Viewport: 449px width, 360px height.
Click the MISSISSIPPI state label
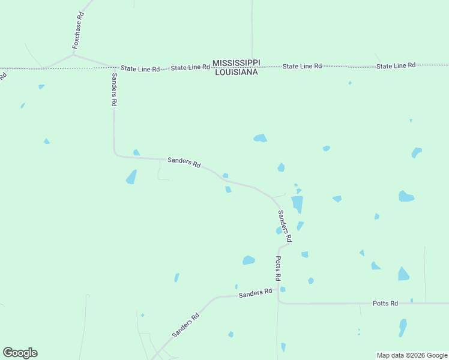coord(236,63)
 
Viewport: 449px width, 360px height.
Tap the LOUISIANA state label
coord(236,72)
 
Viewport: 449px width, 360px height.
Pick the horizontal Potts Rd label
coord(385,304)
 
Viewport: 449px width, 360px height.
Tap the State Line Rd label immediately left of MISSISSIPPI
coord(190,68)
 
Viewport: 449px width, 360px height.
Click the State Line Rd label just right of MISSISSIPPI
coord(302,66)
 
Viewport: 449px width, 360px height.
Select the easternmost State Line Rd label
coord(396,65)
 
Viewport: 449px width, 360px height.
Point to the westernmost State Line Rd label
coord(140,69)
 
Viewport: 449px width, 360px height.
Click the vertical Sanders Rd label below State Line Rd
coord(114,89)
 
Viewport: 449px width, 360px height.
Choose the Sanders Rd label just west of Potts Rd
coord(255,293)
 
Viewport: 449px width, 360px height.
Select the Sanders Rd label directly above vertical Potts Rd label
coord(285,226)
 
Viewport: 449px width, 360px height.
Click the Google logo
coord(20,353)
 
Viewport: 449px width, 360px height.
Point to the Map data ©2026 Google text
coord(412,355)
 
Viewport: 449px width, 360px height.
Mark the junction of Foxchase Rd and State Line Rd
coord(74,55)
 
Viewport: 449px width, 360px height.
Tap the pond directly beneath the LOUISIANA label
coord(260,138)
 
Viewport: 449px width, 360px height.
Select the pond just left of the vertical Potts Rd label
coord(249,260)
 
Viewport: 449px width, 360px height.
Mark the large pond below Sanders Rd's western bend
coord(131,177)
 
